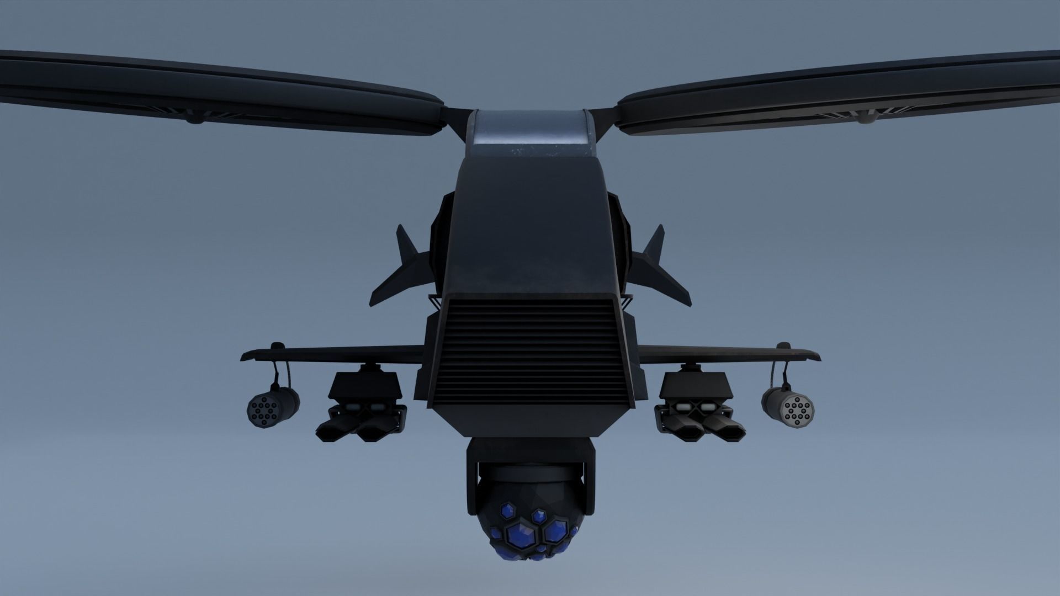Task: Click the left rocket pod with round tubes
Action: point(272,408)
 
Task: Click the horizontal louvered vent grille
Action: point(530,353)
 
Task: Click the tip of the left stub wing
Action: point(246,355)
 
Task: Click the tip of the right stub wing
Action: point(815,355)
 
